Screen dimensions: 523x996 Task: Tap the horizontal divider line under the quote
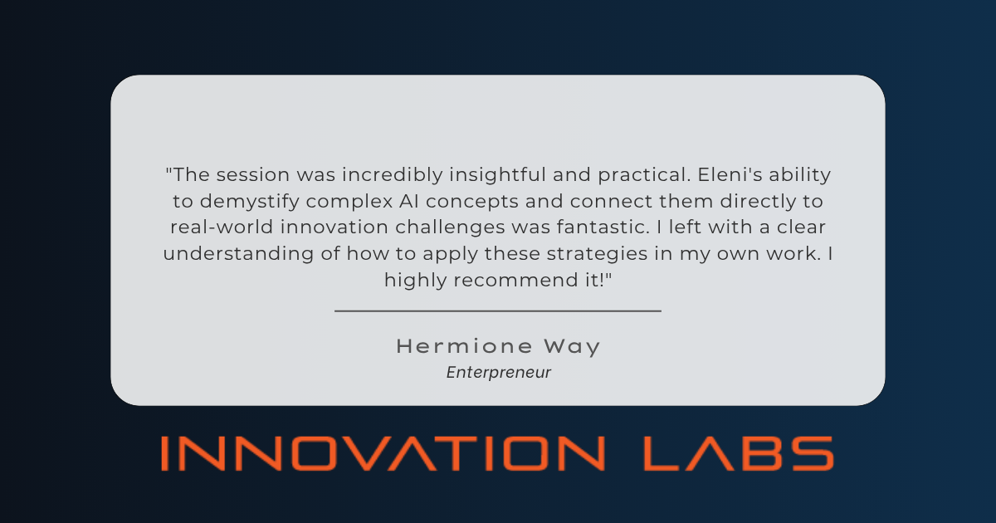(498, 310)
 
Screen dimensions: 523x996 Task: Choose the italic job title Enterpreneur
(498, 373)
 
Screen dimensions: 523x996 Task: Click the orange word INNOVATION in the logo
(382, 453)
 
